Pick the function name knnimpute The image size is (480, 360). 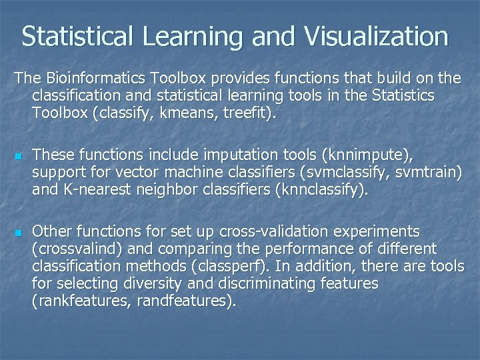366,155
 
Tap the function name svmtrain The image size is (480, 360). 426,173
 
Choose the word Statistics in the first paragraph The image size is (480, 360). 401,96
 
